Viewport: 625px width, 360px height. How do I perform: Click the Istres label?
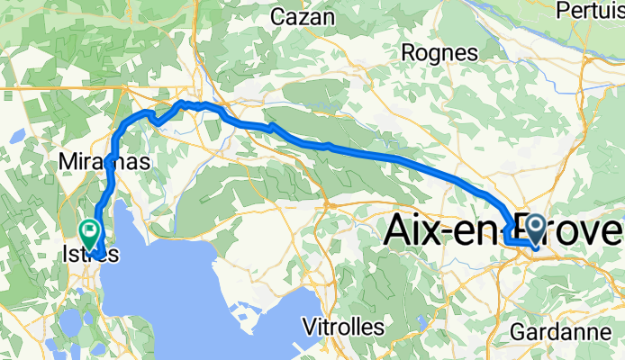(x=89, y=255)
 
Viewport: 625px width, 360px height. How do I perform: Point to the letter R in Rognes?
(x=406, y=53)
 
